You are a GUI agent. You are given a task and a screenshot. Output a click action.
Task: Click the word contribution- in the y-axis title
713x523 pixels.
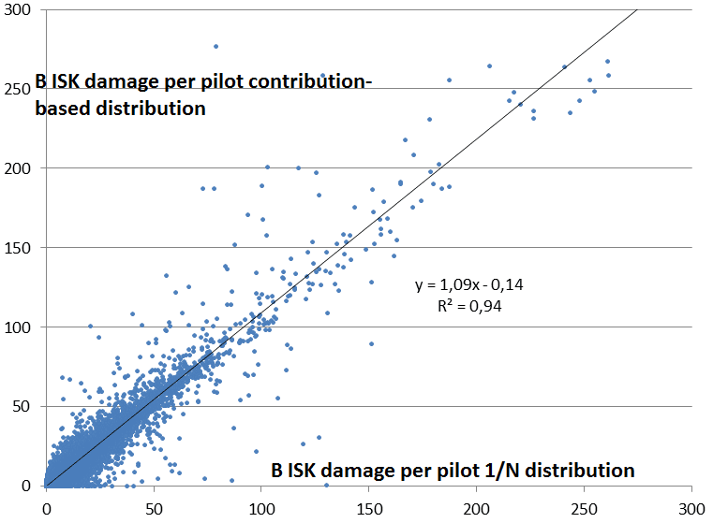pyautogui.click(x=315, y=84)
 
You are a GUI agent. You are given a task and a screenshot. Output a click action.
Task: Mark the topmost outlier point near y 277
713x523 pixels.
pyautogui.click(x=215, y=46)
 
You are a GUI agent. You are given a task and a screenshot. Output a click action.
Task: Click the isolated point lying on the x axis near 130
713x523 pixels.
pyautogui.click(x=326, y=485)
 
